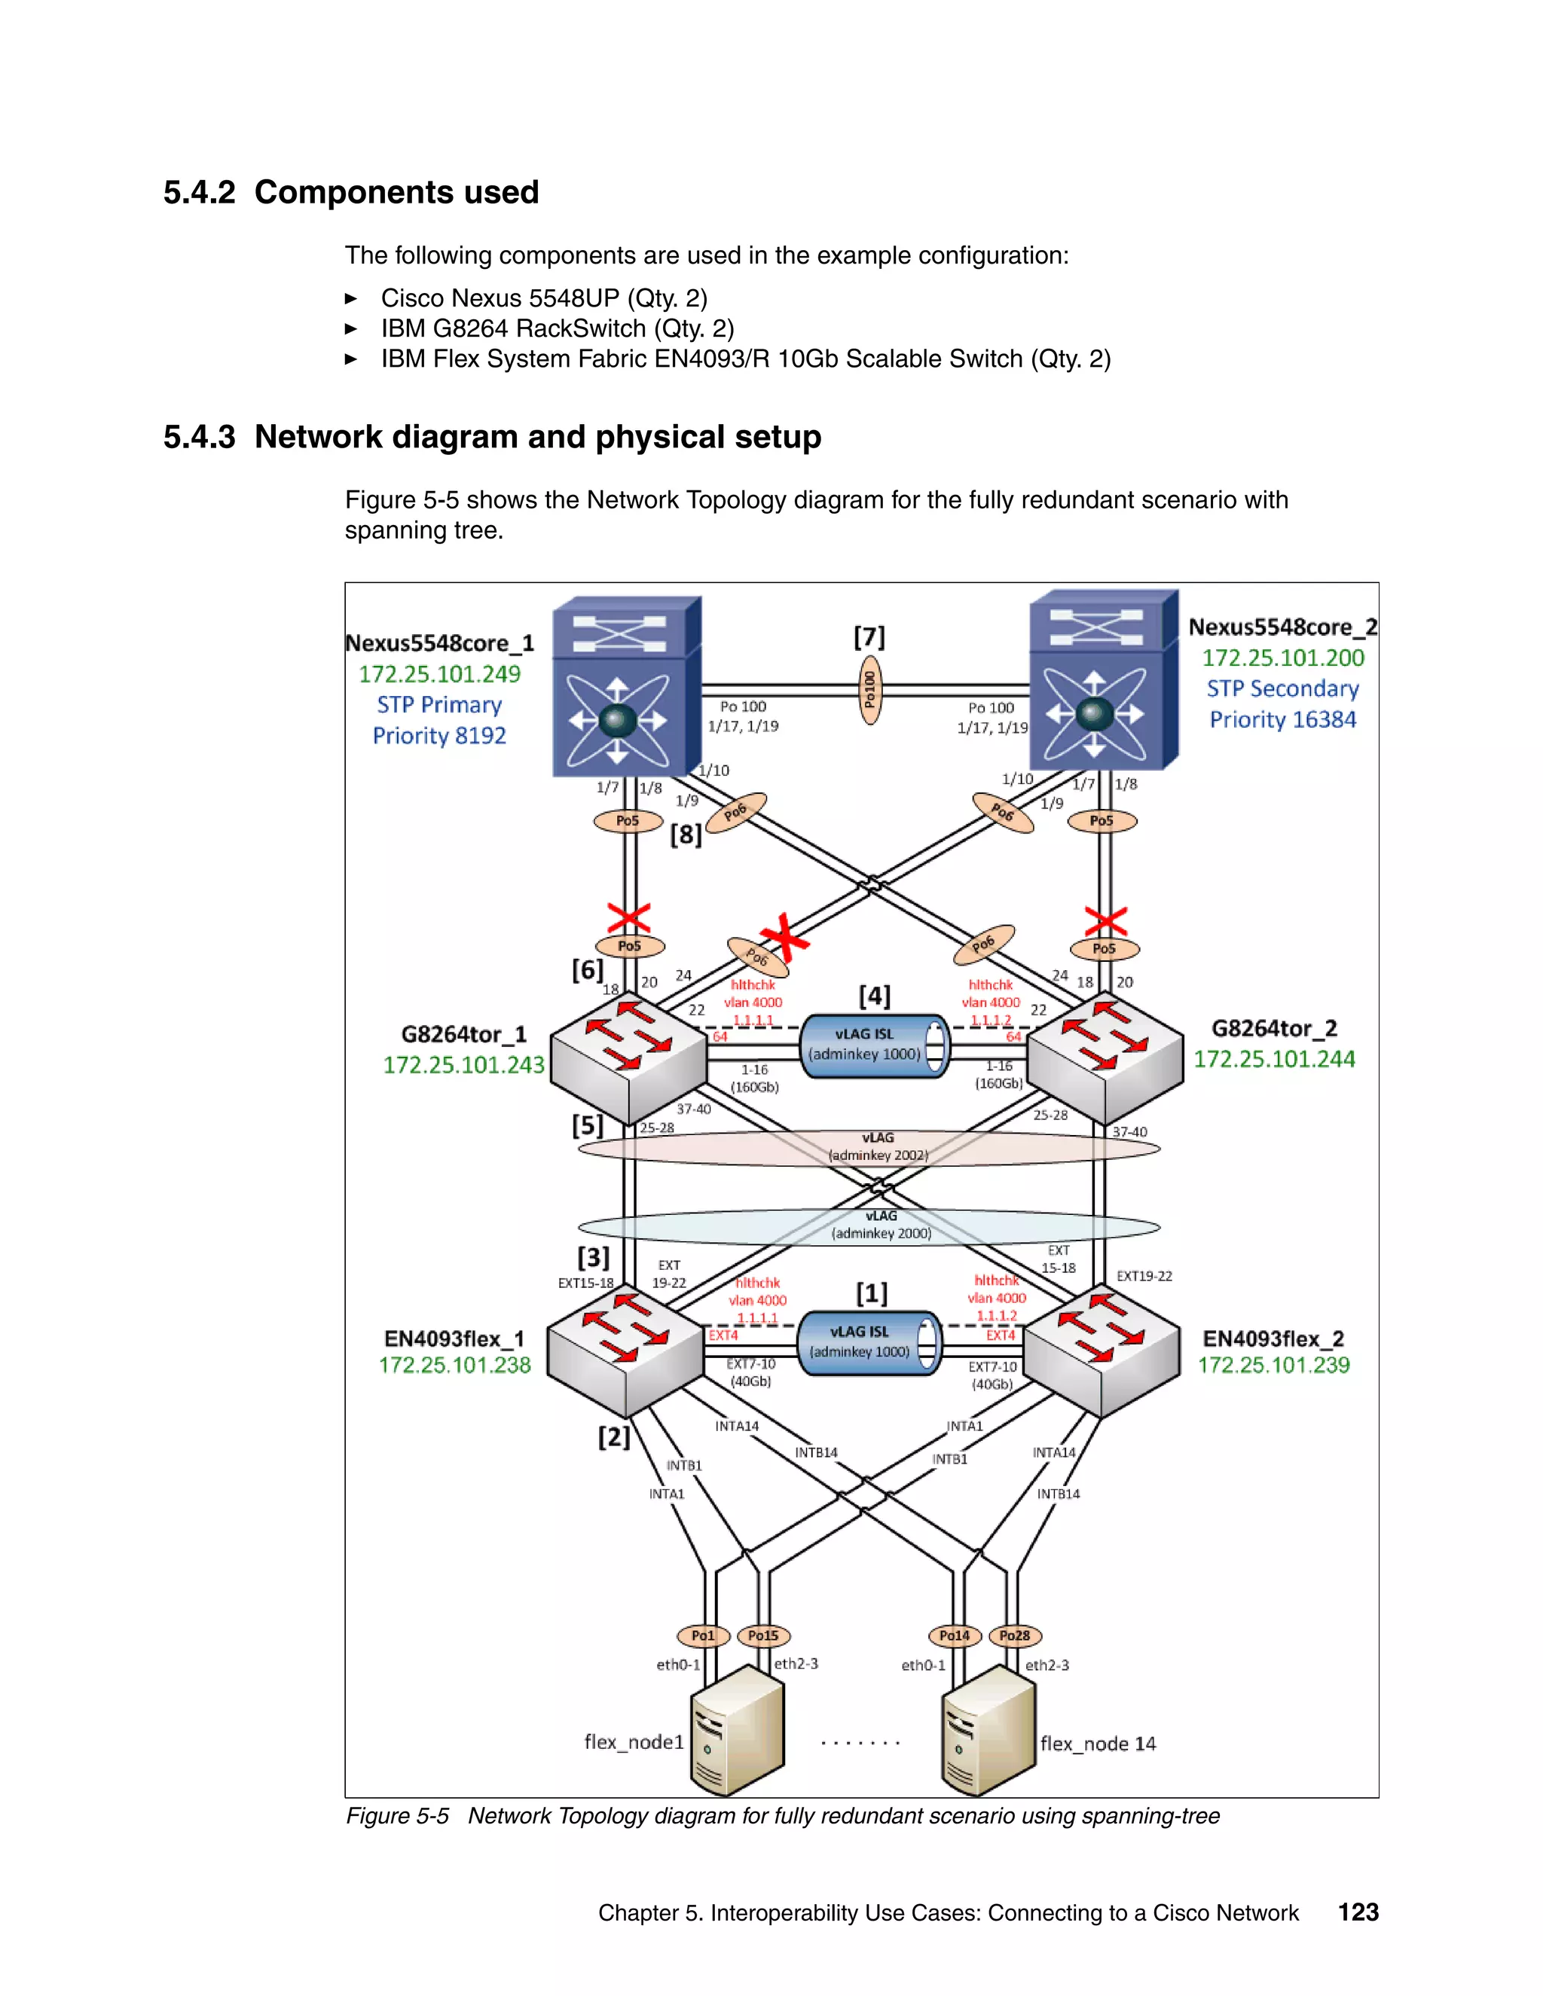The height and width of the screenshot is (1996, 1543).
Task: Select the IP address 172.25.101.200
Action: (1282, 658)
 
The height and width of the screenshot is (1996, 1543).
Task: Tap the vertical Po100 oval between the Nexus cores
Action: (870, 690)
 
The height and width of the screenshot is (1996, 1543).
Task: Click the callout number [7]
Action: (869, 637)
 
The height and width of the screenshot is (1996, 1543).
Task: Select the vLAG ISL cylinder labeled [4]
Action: (875, 1045)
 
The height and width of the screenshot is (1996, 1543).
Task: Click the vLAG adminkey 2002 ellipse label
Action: (878, 1147)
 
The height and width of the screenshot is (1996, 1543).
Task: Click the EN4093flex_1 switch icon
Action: (625, 1353)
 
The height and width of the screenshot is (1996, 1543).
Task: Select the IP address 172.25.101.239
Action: (1273, 1366)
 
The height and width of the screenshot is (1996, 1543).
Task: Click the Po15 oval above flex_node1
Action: (763, 1636)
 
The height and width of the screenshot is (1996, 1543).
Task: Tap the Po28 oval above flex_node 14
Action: (1015, 1636)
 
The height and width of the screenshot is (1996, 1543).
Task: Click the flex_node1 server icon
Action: (738, 1732)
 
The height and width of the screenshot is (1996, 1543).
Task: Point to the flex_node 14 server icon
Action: (988, 1732)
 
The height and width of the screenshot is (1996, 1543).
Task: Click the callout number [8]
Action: (686, 835)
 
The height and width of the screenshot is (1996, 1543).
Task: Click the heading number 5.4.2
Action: (199, 193)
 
